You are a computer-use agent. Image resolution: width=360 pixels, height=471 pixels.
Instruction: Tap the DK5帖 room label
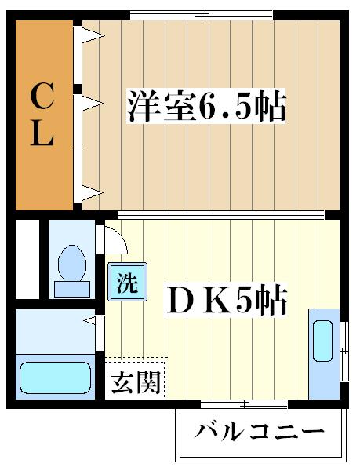click(225, 300)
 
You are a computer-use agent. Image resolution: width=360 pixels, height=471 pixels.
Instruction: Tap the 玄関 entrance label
click(136, 382)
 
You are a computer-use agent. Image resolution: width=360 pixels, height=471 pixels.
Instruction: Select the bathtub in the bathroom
click(56, 377)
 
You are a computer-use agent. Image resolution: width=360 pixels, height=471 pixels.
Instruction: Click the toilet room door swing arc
click(111, 237)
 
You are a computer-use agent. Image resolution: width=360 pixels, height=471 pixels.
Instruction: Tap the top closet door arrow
click(93, 34)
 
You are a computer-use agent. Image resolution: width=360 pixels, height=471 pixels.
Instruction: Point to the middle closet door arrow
click(93, 101)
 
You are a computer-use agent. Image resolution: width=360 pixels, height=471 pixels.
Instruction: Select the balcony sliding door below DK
click(243, 404)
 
